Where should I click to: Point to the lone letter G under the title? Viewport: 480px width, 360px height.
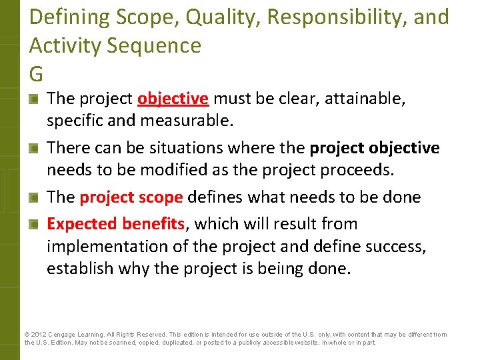37,72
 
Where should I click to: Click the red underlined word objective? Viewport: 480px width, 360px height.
173,99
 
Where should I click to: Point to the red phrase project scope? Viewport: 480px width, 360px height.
131,197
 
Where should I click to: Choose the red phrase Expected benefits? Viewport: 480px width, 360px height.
115,223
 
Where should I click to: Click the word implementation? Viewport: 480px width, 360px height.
99,246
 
